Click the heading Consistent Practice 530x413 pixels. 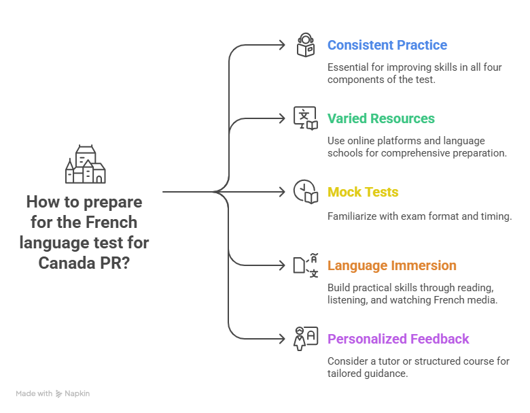tap(387, 46)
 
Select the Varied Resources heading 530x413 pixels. tap(381, 118)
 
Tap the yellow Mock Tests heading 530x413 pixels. tap(363, 192)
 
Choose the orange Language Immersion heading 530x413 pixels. tap(392, 265)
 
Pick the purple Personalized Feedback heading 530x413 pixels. tap(398, 339)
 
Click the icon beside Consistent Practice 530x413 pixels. tap(306, 45)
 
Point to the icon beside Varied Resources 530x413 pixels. tap(306, 118)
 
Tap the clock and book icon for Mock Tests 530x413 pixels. tap(306, 191)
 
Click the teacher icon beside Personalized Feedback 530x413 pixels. tap(306, 338)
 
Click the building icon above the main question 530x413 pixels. tap(86, 165)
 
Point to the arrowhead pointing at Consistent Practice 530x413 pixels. tap(283, 45)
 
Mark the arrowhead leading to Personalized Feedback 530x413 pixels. tap(283, 338)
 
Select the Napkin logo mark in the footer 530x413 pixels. tap(59, 394)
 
